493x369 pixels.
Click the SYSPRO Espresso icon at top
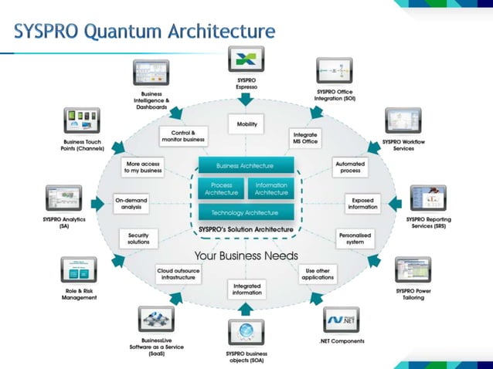(246, 59)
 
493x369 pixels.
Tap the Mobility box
(246, 124)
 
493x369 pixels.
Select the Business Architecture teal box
(246, 165)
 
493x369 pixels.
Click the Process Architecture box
(221, 188)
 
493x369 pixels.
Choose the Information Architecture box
(271, 188)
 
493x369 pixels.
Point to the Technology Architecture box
(246, 212)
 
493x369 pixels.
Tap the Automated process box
(349, 168)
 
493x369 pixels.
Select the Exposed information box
(362, 203)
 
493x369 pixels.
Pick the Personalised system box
(355, 238)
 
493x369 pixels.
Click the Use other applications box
(318, 274)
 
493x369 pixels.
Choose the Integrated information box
(246, 289)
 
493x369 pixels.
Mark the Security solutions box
(139, 239)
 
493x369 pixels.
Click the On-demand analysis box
(131, 203)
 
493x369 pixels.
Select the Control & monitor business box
(182, 137)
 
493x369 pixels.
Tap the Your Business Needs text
(246, 256)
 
